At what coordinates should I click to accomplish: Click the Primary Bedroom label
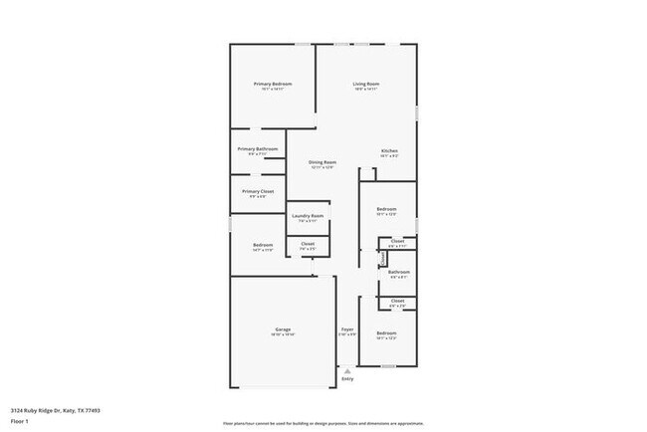tap(273, 84)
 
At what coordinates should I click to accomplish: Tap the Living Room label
tap(365, 84)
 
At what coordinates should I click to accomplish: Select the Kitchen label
tap(389, 150)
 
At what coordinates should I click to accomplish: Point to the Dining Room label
tap(322, 162)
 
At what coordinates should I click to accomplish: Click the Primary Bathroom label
tap(258, 149)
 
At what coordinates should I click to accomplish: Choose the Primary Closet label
tap(258, 191)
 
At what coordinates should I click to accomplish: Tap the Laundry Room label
tap(308, 216)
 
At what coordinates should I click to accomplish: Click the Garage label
tap(283, 329)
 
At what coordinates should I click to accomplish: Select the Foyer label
tap(347, 329)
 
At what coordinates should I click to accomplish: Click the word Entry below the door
tap(347, 379)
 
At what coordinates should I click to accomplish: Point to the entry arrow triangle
tap(347, 370)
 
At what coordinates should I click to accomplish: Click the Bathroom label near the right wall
tap(399, 272)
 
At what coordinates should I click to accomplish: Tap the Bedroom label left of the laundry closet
tap(263, 245)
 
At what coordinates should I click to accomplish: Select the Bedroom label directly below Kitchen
tap(387, 209)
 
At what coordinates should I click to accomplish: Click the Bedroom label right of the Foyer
tap(386, 332)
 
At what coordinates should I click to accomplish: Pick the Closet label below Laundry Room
tap(308, 244)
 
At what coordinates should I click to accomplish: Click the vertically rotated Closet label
tap(382, 258)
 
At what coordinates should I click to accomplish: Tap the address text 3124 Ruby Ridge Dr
tap(56, 410)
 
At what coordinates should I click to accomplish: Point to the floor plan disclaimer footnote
tap(323, 422)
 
